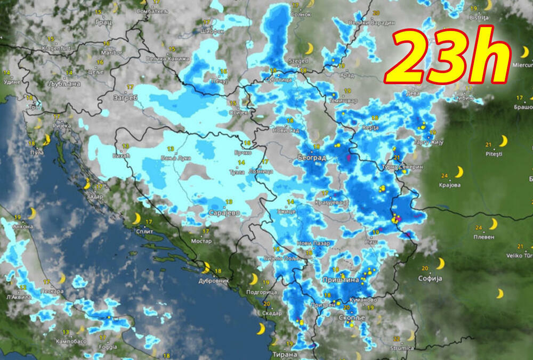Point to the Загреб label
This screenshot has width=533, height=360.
coord(125,98)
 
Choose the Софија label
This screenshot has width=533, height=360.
coord(430,278)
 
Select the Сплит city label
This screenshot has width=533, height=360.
coord(144,232)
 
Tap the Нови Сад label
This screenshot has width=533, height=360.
coord(282,130)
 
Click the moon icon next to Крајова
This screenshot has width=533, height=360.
coord(458,172)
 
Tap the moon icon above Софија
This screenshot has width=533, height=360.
coord(440,263)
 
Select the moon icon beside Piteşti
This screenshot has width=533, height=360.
coord(503,141)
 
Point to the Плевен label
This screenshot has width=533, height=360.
coord(482,236)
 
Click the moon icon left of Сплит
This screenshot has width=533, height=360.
coord(136,219)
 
